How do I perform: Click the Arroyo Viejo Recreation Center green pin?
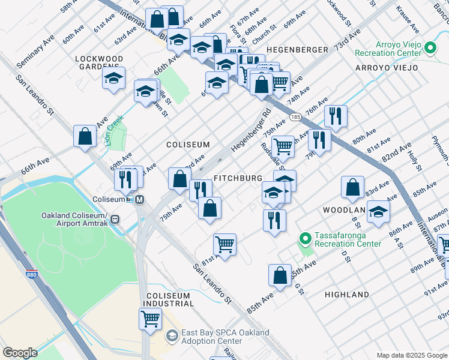tap(430, 47)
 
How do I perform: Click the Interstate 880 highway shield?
tap(31, 275)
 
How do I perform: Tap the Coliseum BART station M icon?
tap(139, 200)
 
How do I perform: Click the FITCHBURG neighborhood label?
tap(238, 179)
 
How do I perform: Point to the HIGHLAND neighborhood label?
tap(346, 295)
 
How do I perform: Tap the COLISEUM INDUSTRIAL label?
tap(169, 299)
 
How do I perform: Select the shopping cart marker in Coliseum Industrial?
tap(150, 317)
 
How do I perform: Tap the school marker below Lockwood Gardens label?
tap(113, 79)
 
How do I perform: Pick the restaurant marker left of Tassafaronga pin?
tap(274, 219)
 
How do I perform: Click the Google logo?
tap(20, 353)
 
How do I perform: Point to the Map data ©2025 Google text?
tap(411, 355)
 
